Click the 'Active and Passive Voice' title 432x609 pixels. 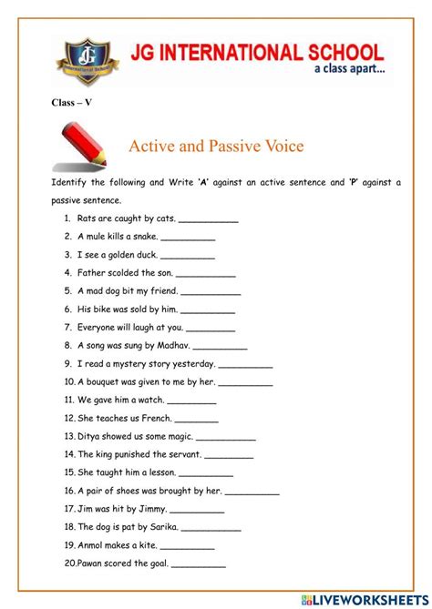click(216, 146)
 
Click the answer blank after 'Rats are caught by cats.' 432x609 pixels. click(209, 219)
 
